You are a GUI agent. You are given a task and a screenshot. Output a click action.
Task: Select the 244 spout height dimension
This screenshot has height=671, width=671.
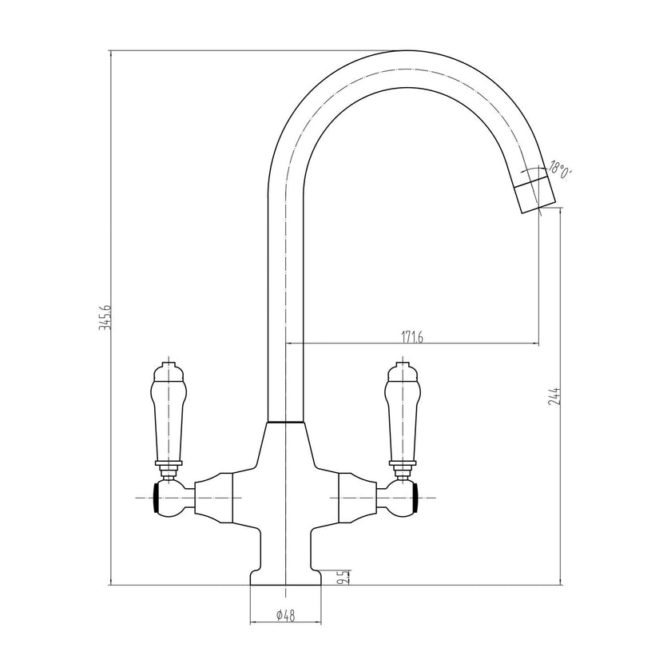(x=554, y=397)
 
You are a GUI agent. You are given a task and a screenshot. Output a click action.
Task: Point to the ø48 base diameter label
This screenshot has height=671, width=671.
(x=285, y=616)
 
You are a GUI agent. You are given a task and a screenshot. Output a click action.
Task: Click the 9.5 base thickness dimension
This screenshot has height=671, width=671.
(x=342, y=577)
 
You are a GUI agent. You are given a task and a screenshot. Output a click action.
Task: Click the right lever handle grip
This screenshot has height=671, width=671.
(x=401, y=413)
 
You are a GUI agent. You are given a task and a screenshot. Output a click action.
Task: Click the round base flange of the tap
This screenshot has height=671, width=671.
(x=285, y=577)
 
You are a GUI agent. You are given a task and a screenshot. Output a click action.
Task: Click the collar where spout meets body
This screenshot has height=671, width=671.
(x=285, y=422)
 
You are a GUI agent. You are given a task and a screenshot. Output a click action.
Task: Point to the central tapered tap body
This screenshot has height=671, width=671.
(x=285, y=495)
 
